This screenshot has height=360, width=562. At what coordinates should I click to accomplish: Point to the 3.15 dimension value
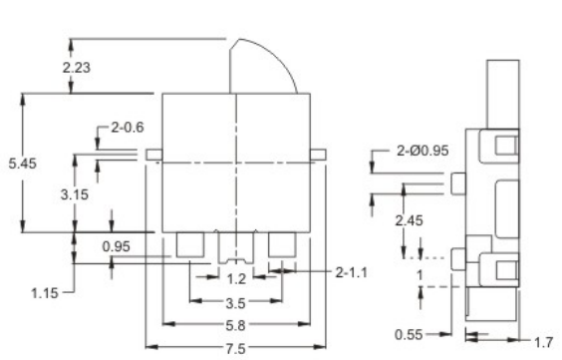(72, 194)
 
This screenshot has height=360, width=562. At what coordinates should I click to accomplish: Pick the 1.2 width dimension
(235, 279)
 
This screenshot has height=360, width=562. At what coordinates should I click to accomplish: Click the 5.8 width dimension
(235, 325)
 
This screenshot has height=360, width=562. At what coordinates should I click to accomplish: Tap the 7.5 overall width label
(235, 348)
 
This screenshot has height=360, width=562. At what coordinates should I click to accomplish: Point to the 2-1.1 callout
(349, 269)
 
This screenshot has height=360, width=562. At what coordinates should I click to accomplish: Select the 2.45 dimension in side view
(410, 220)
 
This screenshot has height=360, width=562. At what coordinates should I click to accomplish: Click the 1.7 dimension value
(543, 342)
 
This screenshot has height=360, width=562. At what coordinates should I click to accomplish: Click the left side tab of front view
(153, 155)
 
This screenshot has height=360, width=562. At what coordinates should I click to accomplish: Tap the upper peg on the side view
(457, 182)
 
